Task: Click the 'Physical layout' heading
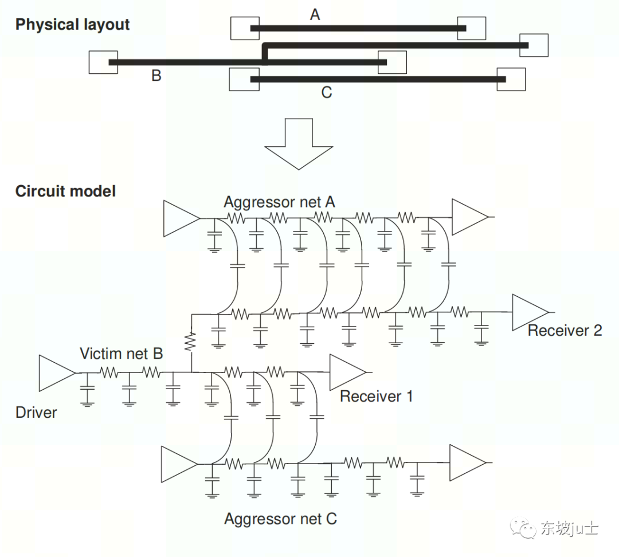pyautogui.click(x=72, y=25)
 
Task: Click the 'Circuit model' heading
pyautogui.click(x=65, y=191)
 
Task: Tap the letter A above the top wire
pyautogui.click(x=315, y=15)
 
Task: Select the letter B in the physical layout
pyautogui.click(x=156, y=76)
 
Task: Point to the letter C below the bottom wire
pyautogui.click(x=326, y=92)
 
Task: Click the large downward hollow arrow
pyautogui.click(x=299, y=143)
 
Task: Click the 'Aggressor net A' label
pyautogui.click(x=279, y=202)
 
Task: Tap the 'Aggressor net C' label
pyautogui.click(x=280, y=519)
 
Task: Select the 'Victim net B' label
pyautogui.click(x=121, y=354)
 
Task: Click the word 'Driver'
pyautogui.click(x=36, y=413)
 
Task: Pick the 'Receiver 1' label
pyautogui.click(x=376, y=396)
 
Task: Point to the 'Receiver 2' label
pyautogui.click(x=565, y=330)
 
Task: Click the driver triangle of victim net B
pyautogui.click(x=56, y=372)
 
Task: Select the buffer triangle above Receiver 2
pyautogui.click(x=529, y=312)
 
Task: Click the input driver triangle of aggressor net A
pyautogui.click(x=181, y=218)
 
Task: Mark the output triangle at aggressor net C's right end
pyautogui.click(x=467, y=462)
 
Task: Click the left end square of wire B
pyautogui.click(x=103, y=62)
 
